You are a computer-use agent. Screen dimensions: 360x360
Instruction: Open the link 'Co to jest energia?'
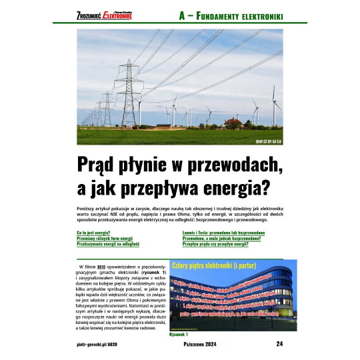[x=94, y=232]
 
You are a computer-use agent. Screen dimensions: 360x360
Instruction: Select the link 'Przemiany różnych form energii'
[x=105, y=238]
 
